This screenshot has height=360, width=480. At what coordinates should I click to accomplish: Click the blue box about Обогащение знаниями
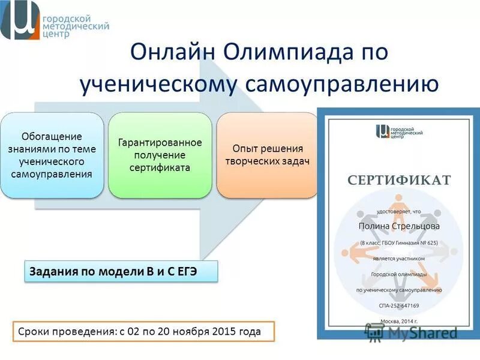coord(52,155)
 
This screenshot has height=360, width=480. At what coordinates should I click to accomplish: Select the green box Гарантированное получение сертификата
coord(160,155)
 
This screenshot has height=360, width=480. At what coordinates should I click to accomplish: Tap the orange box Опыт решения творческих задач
coord(267,155)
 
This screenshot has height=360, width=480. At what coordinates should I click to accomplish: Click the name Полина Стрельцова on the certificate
coord(399,226)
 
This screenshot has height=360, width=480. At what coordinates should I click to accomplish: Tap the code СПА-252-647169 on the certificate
coord(399,305)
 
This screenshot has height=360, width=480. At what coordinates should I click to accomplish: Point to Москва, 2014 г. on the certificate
coord(399,320)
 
